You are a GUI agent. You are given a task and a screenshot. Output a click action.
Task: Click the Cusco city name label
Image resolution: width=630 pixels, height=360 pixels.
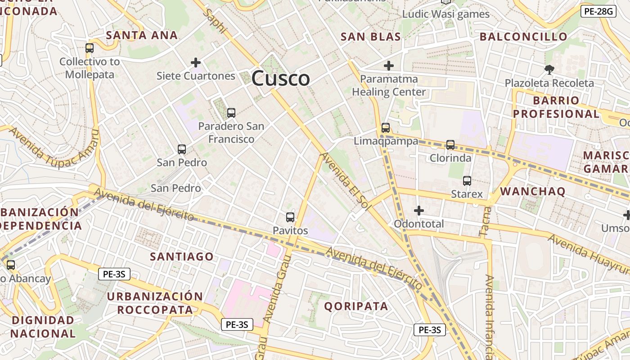(280, 79)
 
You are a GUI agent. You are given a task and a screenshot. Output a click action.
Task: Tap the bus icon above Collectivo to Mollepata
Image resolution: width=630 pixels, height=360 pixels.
(90, 48)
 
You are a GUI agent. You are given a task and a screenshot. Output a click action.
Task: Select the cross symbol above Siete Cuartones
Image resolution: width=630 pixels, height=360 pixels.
(196, 62)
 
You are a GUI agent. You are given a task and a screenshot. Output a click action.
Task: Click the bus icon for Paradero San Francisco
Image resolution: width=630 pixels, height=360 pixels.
(231, 113)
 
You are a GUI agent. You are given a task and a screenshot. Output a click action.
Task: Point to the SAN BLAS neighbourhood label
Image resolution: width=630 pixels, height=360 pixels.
(371, 37)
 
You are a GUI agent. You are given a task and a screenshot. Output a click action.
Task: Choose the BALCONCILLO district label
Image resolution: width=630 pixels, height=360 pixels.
(523, 37)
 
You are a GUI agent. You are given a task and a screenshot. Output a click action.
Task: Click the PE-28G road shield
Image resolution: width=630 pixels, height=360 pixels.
(598, 11)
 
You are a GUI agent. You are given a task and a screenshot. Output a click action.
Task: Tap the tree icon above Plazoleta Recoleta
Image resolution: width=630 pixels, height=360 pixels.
(549, 69)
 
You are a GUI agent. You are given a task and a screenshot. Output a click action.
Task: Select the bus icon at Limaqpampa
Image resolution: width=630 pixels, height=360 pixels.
(386, 127)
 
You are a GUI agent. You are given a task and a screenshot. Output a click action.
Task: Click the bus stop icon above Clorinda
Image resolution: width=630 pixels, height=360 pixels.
(450, 144)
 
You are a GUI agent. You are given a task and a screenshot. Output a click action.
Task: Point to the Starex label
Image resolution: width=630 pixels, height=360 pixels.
(467, 194)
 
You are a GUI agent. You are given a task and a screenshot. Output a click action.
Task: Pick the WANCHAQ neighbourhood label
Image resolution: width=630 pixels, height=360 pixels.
(533, 191)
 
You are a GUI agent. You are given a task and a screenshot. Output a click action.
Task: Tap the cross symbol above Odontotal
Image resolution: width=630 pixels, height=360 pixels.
(419, 210)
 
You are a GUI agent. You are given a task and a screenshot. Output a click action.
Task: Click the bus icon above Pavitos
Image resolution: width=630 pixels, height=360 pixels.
(290, 217)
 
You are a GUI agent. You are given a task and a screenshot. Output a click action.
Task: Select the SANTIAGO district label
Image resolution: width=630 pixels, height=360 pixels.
(182, 256)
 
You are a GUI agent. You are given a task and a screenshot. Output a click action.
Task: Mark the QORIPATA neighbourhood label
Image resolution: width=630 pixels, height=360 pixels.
(356, 306)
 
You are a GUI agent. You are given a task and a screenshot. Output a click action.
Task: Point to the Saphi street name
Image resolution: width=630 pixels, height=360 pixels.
(215, 21)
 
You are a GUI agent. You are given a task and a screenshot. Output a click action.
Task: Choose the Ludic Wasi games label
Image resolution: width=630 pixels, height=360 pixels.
(445, 14)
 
